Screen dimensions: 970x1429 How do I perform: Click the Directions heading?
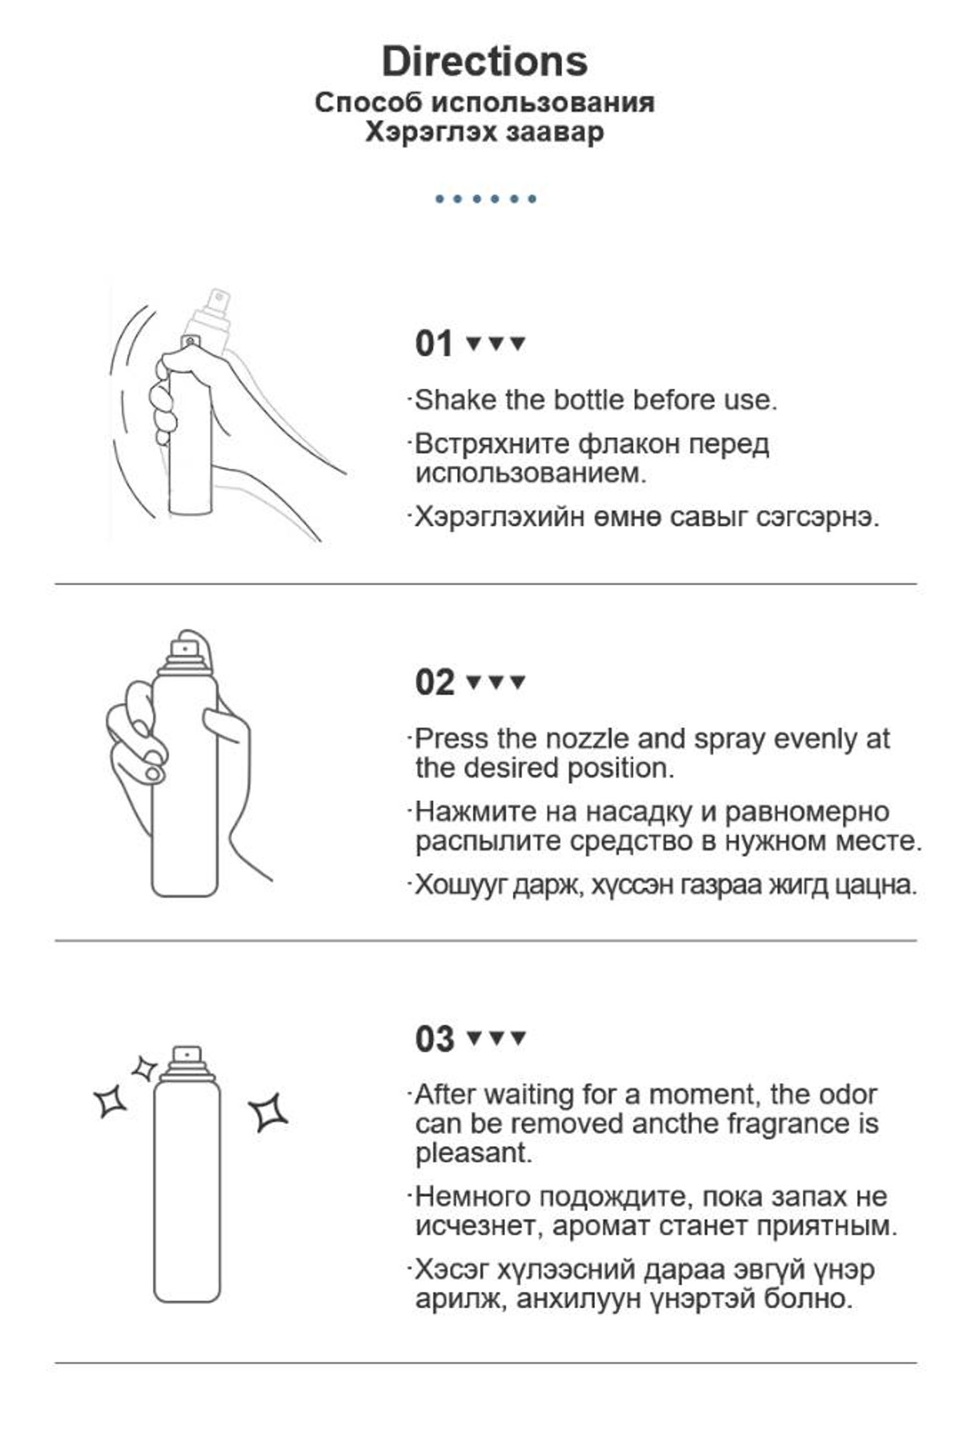coord(485,61)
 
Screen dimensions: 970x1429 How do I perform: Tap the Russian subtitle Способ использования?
coord(485,102)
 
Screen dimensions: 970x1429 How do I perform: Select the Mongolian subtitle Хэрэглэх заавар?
coord(485,132)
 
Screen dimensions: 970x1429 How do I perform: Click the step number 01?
coord(433,344)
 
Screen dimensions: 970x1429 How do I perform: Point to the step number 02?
coord(435,682)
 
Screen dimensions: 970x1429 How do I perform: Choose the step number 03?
coord(435,1039)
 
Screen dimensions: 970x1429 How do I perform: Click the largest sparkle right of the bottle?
coord(268,1112)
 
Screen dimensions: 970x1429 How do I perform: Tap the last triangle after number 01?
coord(518,343)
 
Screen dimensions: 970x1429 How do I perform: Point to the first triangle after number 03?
coord(474,1038)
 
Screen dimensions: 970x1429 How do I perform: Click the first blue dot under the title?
coord(440,199)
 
